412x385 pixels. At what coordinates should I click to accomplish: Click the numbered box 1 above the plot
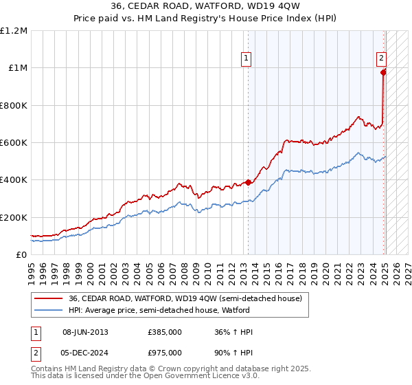246,59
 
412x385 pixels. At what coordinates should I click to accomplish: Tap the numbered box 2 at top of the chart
381,59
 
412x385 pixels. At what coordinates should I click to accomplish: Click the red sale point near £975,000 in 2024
383,71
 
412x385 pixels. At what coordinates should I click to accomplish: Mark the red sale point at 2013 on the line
248,183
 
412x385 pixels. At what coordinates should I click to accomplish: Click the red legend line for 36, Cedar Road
49,299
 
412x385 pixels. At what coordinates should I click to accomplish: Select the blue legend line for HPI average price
49,311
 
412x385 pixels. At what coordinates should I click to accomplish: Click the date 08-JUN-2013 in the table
85,331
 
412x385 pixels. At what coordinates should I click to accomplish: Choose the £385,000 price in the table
165,331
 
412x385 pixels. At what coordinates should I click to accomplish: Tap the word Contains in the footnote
47,368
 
